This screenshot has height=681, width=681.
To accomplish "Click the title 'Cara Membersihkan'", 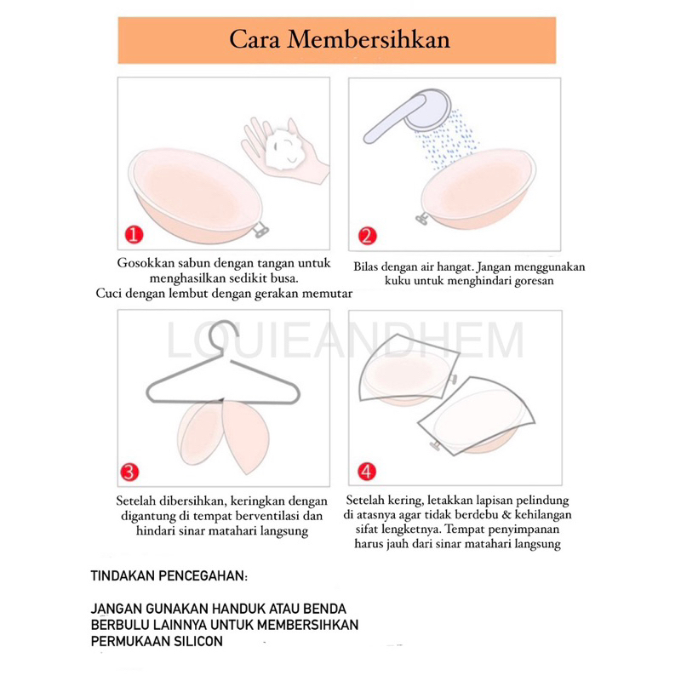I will click(x=339, y=40).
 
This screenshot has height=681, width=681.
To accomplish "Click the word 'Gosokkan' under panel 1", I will click(x=146, y=263).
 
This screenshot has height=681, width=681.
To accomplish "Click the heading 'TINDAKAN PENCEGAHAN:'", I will click(x=169, y=576).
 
